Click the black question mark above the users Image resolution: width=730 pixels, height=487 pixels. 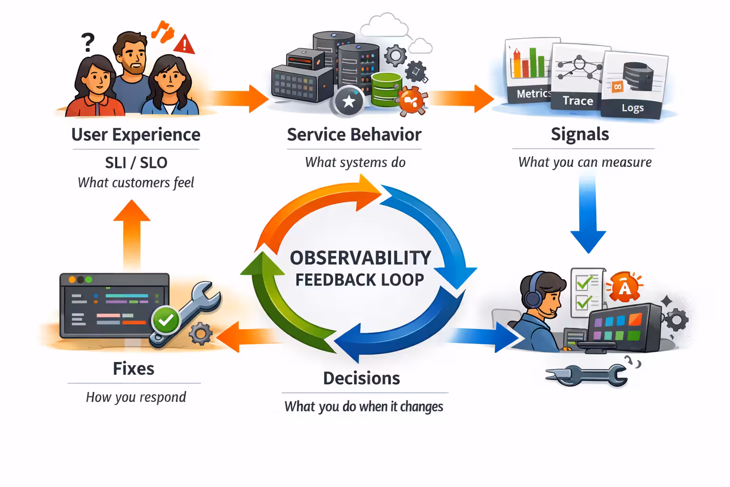[87, 42]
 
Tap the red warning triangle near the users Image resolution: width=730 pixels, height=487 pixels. [184, 45]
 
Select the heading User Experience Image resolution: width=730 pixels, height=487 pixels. [135, 135]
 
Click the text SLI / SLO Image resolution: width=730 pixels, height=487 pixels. [136, 163]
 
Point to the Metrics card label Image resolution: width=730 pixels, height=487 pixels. [533, 94]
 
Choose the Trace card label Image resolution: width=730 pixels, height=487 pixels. [577, 101]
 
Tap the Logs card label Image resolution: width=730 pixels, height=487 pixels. [633, 108]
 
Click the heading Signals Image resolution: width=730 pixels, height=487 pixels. [580, 134]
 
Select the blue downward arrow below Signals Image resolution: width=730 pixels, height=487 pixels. [588, 214]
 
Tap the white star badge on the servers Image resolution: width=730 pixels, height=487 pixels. [349, 101]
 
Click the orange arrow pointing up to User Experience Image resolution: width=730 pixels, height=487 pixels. [132, 233]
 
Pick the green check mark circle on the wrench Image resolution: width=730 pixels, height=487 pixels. [165, 321]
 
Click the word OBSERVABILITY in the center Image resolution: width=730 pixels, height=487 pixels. [360, 258]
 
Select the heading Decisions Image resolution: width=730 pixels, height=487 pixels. [361, 378]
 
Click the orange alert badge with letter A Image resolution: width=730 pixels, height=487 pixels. [624, 287]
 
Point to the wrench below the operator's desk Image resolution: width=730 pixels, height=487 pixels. [587, 375]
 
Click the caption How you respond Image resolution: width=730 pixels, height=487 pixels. [136, 397]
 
